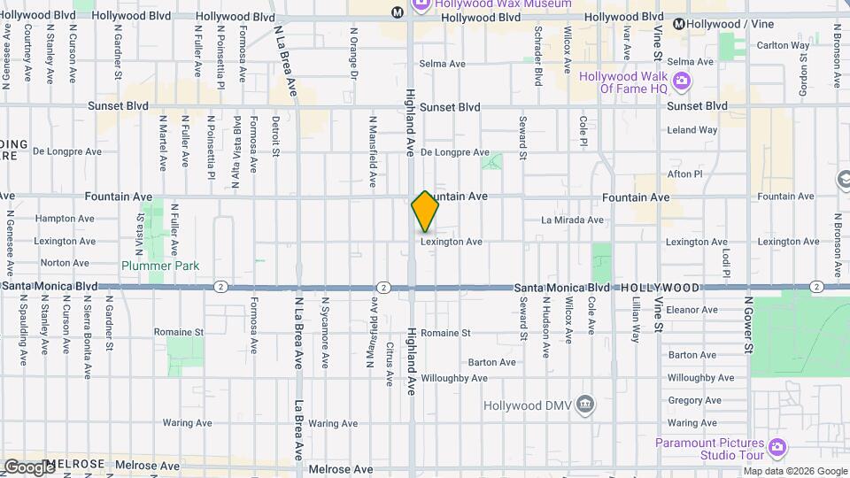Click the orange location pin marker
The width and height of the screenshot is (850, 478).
click(425, 212)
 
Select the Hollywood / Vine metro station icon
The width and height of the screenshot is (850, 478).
click(679, 24)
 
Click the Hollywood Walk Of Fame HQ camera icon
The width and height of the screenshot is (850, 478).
click(681, 82)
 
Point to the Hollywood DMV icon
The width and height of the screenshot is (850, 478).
click(584, 405)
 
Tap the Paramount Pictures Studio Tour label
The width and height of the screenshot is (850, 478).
click(709, 449)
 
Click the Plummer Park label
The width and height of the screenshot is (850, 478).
click(160, 266)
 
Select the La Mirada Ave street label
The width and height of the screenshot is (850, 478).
click(572, 220)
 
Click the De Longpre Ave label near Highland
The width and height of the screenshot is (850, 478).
click(454, 152)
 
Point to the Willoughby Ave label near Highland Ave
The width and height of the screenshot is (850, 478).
click(455, 378)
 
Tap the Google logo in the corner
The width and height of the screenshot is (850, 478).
click(28, 466)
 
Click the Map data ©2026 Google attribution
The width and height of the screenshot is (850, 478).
click(794, 471)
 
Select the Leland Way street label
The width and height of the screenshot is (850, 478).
click(692, 130)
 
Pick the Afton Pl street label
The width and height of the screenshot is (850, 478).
click(684, 174)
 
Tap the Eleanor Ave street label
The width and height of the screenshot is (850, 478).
click(693, 310)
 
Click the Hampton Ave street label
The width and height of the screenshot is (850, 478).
click(64, 219)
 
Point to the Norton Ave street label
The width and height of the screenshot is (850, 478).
click(65, 263)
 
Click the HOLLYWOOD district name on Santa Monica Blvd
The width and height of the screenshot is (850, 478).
click(660, 289)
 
